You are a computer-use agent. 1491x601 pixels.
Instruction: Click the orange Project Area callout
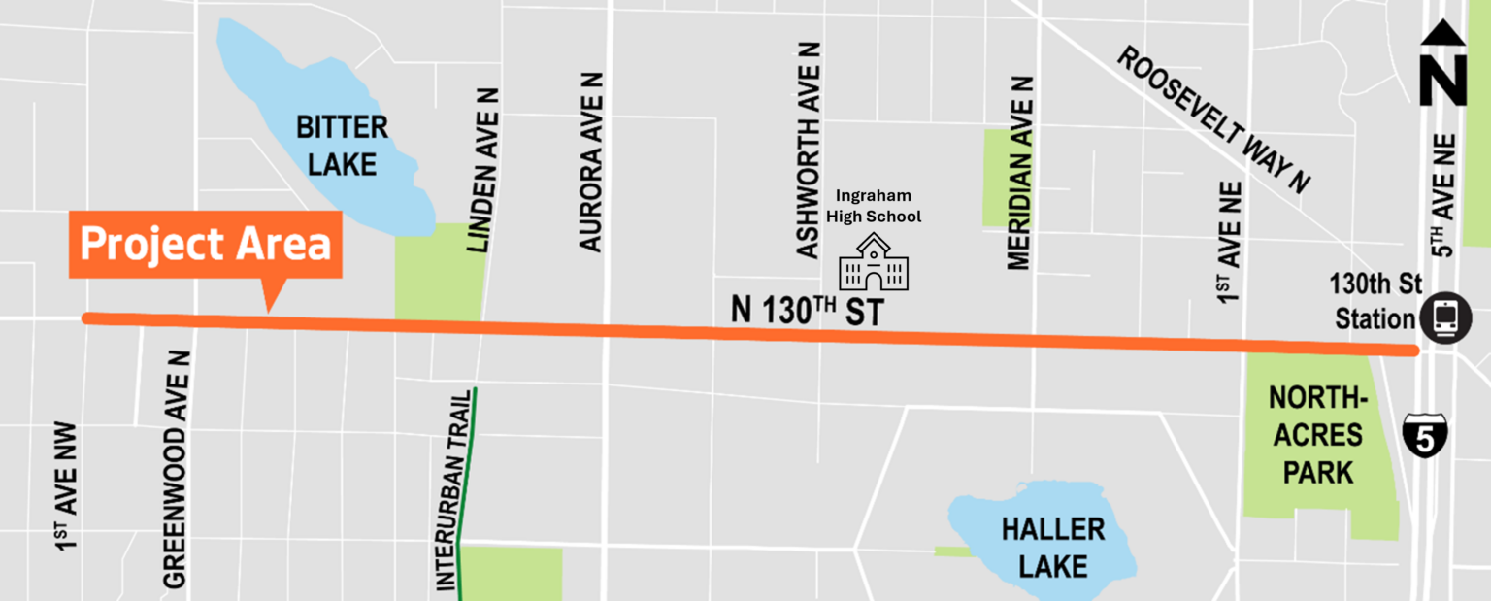[x=205, y=245]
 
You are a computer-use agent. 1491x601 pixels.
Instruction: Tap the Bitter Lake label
[x=342, y=146]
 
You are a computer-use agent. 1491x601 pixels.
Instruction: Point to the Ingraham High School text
[x=874, y=206]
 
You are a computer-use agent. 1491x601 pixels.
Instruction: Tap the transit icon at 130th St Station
[x=1445, y=318]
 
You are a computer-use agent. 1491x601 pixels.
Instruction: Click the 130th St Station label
[x=1376, y=301]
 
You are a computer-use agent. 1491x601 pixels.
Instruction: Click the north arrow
[x=1443, y=66]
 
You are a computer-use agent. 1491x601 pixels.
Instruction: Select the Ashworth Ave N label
[x=809, y=150]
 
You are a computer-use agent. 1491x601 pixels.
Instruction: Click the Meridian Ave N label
[x=1018, y=173]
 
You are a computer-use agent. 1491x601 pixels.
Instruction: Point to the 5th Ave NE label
[x=1446, y=195]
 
